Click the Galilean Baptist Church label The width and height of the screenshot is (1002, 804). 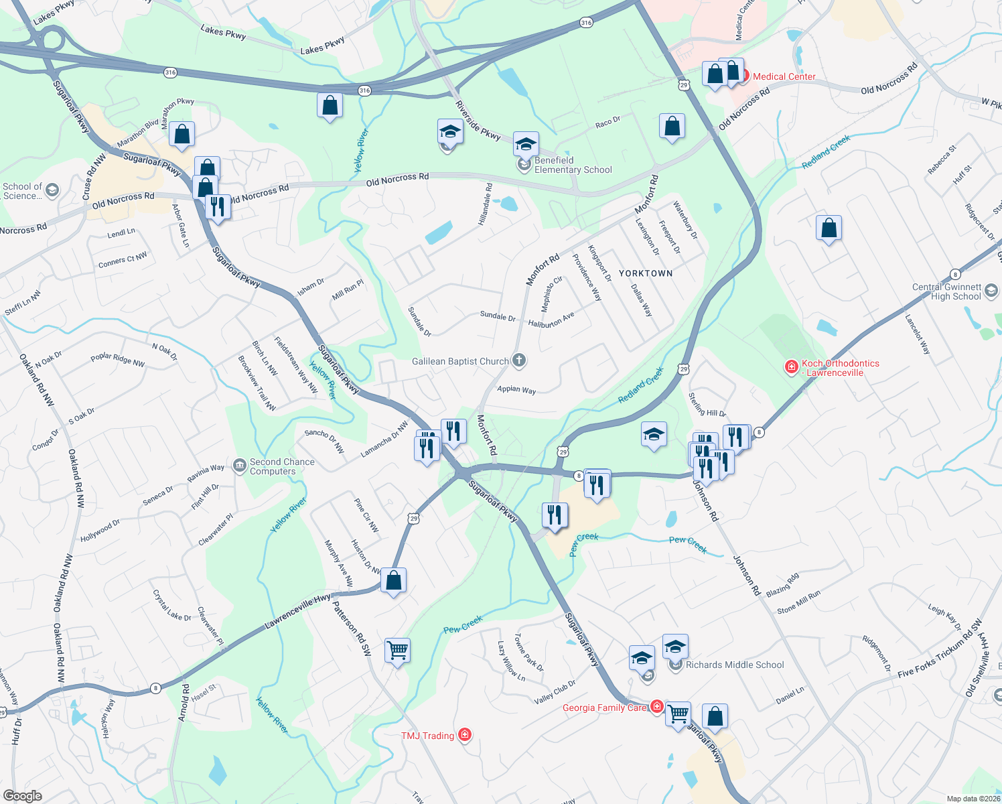point(461,361)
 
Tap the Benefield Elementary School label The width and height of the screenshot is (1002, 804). point(573,165)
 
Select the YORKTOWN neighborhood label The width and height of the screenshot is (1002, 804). point(646,273)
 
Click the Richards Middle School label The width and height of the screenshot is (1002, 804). point(734,665)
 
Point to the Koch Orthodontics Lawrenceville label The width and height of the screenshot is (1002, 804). point(840,368)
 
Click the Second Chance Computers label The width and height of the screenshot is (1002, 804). point(281,466)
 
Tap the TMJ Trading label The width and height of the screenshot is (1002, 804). point(427,736)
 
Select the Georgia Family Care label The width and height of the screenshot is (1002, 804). point(604,708)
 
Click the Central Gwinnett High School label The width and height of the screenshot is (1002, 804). point(946,291)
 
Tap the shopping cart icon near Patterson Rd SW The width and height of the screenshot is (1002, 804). point(397,650)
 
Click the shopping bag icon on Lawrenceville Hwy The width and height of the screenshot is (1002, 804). point(394,580)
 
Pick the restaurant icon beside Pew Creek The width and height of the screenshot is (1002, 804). point(554,515)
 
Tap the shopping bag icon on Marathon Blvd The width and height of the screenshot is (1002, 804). point(182,134)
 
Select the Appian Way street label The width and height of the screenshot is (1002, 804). point(516,389)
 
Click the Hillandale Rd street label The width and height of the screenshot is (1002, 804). point(486,204)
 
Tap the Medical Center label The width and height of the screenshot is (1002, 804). point(784,76)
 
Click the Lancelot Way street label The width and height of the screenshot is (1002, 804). point(918,334)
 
